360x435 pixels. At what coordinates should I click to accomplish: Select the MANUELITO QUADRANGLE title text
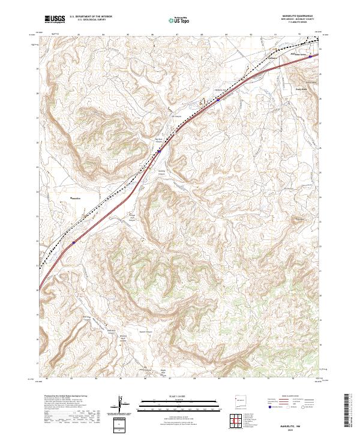click(x=296, y=16)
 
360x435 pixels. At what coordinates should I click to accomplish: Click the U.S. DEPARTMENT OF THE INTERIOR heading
click(x=91, y=17)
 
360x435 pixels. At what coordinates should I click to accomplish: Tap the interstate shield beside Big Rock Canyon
click(x=160, y=151)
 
